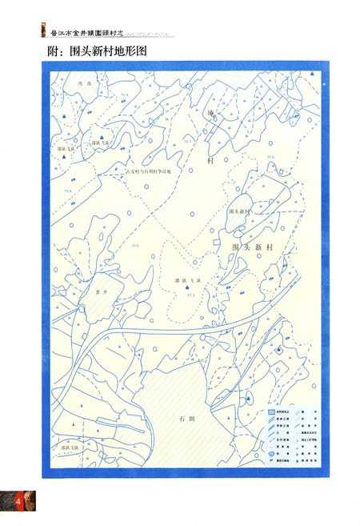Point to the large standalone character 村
211,160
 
